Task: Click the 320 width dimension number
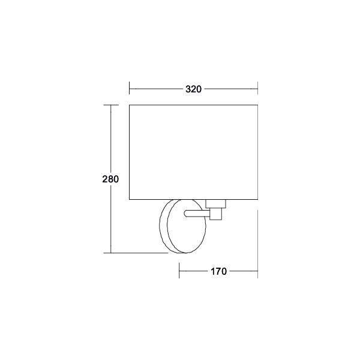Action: coord(193,89)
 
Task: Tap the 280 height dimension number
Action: coord(110,179)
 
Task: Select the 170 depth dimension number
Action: coord(218,271)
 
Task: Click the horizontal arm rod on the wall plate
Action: coord(197,214)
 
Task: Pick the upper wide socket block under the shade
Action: coord(215,204)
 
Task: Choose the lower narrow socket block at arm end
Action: coord(215,214)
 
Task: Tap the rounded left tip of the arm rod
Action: coord(184,214)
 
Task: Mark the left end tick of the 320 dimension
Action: coord(129,88)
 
